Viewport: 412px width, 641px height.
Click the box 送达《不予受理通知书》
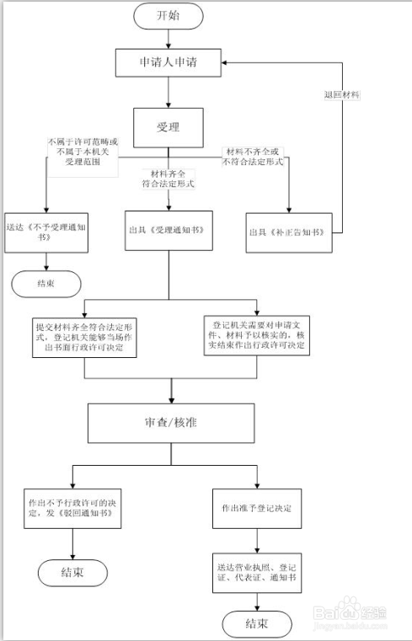point(41,232)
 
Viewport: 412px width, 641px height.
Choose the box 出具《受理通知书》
point(168,231)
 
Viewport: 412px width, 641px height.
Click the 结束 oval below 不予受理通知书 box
point(46,283)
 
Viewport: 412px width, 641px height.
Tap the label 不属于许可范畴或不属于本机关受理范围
point(83,149)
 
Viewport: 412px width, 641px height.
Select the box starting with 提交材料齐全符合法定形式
point(84,337)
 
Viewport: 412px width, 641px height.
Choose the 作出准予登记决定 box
point(255,508)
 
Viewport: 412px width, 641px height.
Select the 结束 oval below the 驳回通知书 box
point(72,574)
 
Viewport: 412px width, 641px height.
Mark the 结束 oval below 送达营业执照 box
point(257,623)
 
